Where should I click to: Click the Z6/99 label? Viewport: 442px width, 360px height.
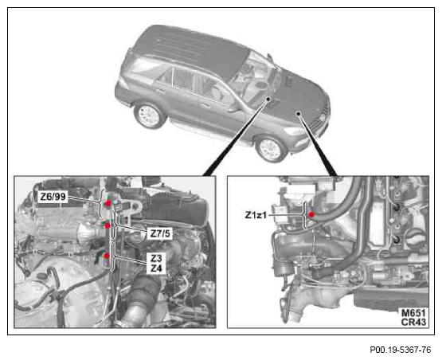coord(53,197)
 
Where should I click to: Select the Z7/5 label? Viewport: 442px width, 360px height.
coord(160,233)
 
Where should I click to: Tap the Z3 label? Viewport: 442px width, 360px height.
coord(156,258)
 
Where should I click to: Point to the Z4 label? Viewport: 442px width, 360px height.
coord(156,268)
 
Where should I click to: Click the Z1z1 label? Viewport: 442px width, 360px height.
coord(256,215)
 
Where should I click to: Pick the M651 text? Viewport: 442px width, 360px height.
coord(413,313)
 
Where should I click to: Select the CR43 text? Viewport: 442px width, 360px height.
coord(413,322)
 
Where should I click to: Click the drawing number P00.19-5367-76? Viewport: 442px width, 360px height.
coord(401,350)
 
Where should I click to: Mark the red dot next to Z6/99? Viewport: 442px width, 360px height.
coord(108,203)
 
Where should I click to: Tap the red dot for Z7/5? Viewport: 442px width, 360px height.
coord(107,225)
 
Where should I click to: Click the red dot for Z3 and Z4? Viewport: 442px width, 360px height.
coord(107,256)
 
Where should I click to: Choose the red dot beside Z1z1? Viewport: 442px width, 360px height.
coord(311,214)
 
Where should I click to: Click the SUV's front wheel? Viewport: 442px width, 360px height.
coord(271,149)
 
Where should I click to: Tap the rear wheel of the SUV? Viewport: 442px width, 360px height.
coord(150,115)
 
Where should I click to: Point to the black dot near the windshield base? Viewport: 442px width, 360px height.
coord(268,99)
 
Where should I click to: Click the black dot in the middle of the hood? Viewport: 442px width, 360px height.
coord(298,113)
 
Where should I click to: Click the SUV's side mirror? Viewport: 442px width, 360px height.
coord(234,109)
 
